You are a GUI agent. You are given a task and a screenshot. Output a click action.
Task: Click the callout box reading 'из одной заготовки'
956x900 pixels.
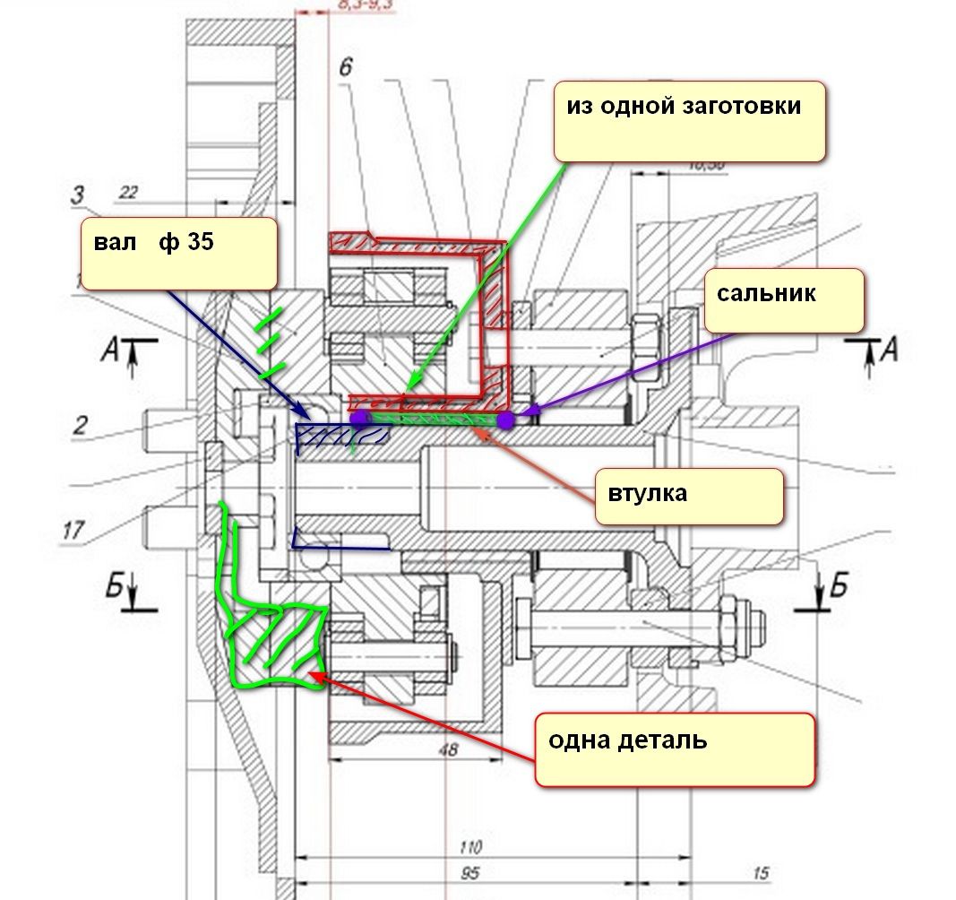pos(688,121)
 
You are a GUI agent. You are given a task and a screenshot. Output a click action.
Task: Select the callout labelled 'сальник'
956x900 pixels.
pos(784,300)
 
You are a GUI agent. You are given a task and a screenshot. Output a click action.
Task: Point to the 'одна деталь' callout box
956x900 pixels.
pos(675,749)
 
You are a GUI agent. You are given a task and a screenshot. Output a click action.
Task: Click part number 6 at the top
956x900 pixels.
pos(345,68)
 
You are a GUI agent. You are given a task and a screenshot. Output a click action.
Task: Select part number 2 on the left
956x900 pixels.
pos(80,426)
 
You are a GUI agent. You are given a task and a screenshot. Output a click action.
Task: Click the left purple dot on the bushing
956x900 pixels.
pos(359,418)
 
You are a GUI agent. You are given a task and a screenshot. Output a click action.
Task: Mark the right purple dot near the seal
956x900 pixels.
pos(506,419)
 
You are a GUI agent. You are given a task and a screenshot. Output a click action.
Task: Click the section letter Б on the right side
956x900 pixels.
pos(839,588)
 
